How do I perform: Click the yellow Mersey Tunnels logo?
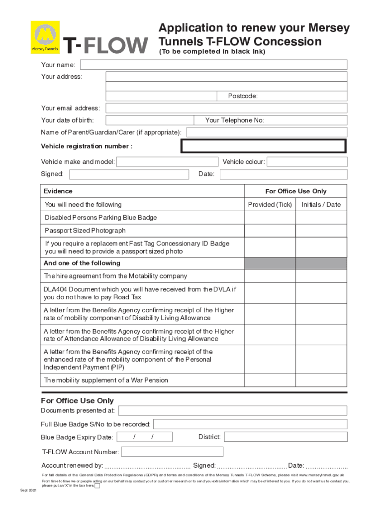pyautogui.click(x=45, y=37)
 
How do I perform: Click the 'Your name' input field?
pyautogui.click(x=213, y=65)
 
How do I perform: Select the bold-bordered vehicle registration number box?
pyautogui.click(x=263, y=146)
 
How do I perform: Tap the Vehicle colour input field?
pyautogui.click(x=307, y=162)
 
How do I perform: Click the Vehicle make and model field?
pyautogui.click(x=167, y=162)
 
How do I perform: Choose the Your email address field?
pyautogui.click(x=226, y=108)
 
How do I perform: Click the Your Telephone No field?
pyautogui.click(x=306, y=120)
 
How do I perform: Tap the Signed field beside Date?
pyautogui.click(x=129, y=174)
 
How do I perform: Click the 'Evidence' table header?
pyautogui.click(x=58, y=191)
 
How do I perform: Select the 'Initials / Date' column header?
pyautogui.click(x=321, y=205)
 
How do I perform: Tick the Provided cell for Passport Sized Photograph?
pyautogui.click(x=270, y=231)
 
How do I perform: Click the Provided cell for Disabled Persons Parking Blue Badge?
pyautogui.click(x=270, y=218)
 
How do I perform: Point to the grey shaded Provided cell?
pyautogui.click(x=270, y=263)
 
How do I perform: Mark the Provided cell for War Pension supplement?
pyautogui.click(x=270, y=380)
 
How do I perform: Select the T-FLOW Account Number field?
pyautogui.click(x=172, y=452)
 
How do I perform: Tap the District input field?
pyautogui.click(x=285, y=437)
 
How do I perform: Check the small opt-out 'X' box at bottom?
pyautogui.click(x=97, y=486)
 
